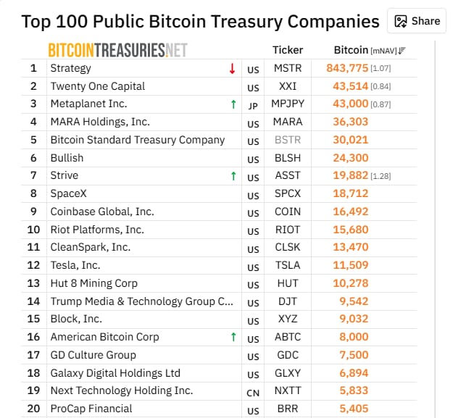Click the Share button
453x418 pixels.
click(417, 21)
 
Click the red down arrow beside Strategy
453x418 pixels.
click(232, 68)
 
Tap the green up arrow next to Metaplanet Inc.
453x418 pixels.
click(233, 104)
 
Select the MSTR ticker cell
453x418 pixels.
click(288, 68)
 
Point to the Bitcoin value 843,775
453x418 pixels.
click(347, 68)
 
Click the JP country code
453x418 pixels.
click(253, 106)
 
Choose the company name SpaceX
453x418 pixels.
click(68, 193)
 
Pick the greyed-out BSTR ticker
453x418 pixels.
click(288, 140)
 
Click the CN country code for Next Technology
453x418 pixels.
click(253, 393)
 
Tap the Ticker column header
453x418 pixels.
click(288, 50)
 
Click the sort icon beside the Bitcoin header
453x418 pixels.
click(402, 51)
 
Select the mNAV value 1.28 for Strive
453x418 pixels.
click(381, 176)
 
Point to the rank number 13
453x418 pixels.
click(33, 283)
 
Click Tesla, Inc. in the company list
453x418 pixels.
click(75, 265)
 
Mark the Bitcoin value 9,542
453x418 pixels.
click(354, 301)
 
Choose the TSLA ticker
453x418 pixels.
click(288, 265)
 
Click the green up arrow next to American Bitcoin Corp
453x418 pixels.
click(233, 337)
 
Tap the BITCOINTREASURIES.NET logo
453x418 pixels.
click(118, 50)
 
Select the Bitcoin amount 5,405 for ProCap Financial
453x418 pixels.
click(354, 409)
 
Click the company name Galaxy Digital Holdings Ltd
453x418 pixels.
click(115, 373)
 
